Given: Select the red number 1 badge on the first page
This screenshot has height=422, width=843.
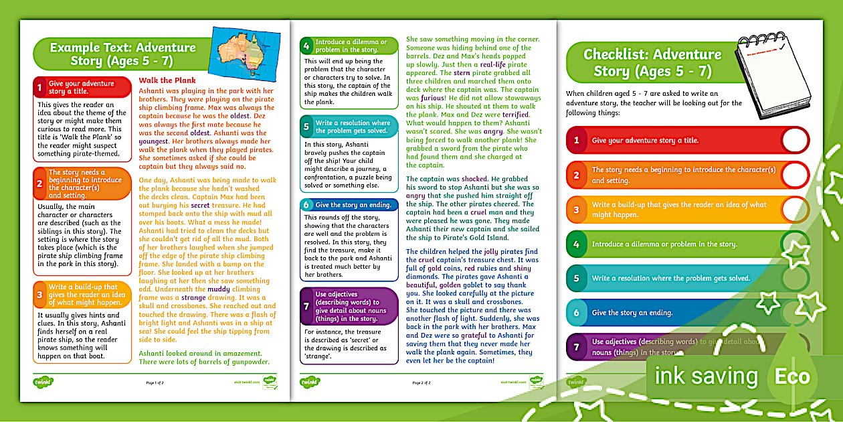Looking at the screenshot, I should coord(40,87).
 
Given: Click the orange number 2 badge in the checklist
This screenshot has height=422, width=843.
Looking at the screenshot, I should coord(576,175).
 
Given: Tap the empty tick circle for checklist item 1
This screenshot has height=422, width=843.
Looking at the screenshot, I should coord(794,141).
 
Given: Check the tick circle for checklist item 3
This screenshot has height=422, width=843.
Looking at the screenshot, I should coord(794,210).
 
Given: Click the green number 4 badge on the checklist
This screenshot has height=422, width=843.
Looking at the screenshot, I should coord(576,244).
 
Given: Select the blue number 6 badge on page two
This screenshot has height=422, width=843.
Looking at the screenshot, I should coord(306,204).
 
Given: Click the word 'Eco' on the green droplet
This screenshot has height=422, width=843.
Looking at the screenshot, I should coord(791,376).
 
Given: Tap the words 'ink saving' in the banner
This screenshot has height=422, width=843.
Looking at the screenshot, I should coord(706,376).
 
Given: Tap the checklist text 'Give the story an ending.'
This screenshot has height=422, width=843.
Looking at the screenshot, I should coord(632,313).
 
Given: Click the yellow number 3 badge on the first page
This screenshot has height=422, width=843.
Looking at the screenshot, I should coord(40,293).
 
